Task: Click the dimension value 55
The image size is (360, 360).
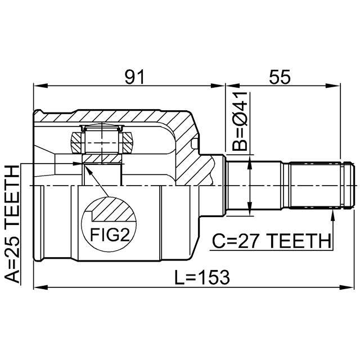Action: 280,76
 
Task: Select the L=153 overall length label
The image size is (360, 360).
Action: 202,277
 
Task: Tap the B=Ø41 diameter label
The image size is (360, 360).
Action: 240,121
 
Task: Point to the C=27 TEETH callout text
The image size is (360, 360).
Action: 272,241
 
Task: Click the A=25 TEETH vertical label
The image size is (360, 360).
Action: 12,224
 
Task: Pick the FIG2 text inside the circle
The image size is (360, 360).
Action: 110,235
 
